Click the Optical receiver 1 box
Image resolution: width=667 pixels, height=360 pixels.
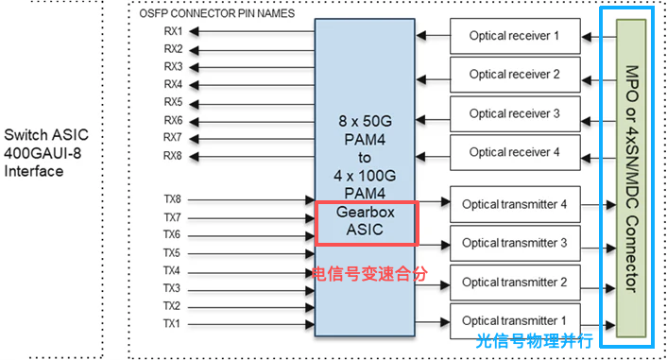click(x=515, y=36)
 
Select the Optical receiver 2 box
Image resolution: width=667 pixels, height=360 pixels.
click(x=515, y=74)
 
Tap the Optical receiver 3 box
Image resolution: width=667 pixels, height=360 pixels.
click(x=515, y=113)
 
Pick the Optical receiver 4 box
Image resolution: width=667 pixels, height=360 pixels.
click(x=515, y=152)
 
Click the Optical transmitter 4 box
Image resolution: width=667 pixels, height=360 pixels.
click(x=514, y=204)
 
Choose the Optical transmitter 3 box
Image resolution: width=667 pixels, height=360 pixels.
click(x=514, y=243)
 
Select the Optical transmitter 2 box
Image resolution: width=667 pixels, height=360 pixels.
click(x=514, y=283)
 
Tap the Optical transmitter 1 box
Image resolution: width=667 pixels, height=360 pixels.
click(x=514, y=321)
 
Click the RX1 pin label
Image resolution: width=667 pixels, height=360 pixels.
click(x=173, y=32)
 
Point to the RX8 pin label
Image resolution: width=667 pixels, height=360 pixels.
click(x=173, y=155)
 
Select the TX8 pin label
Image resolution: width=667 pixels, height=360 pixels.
click(x=171, y=199)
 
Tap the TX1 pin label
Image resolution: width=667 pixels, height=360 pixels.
click(x=171, y=324)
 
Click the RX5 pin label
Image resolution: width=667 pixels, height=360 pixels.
click(x=173, y=102)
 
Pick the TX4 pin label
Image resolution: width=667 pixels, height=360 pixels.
click(x=171, y=270)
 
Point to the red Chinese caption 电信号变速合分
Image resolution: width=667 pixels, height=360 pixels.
click(x=369, y=273)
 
